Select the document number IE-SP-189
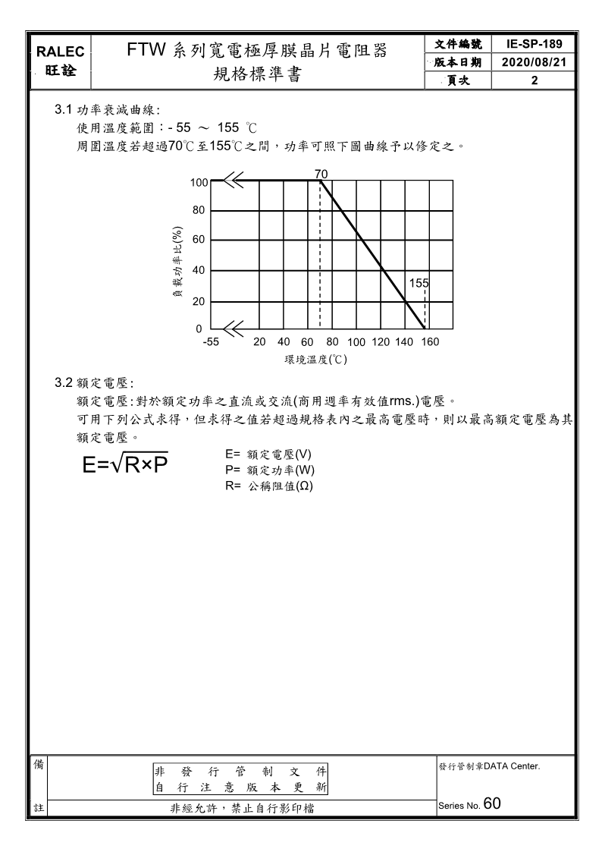coord(535,44)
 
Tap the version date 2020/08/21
coord(535,61)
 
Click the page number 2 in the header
coord(535,80)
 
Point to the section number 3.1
coord(64,111)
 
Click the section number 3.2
coord(64,382)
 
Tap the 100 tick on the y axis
coord(199,182)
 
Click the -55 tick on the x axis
coord(211,342)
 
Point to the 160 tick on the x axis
coord(430,342)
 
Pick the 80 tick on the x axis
coord(332,342)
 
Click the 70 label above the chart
coord(321,174)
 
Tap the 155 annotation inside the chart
coord(419,282)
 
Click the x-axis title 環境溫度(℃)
coord(315,359)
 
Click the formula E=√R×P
coord(126,463)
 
